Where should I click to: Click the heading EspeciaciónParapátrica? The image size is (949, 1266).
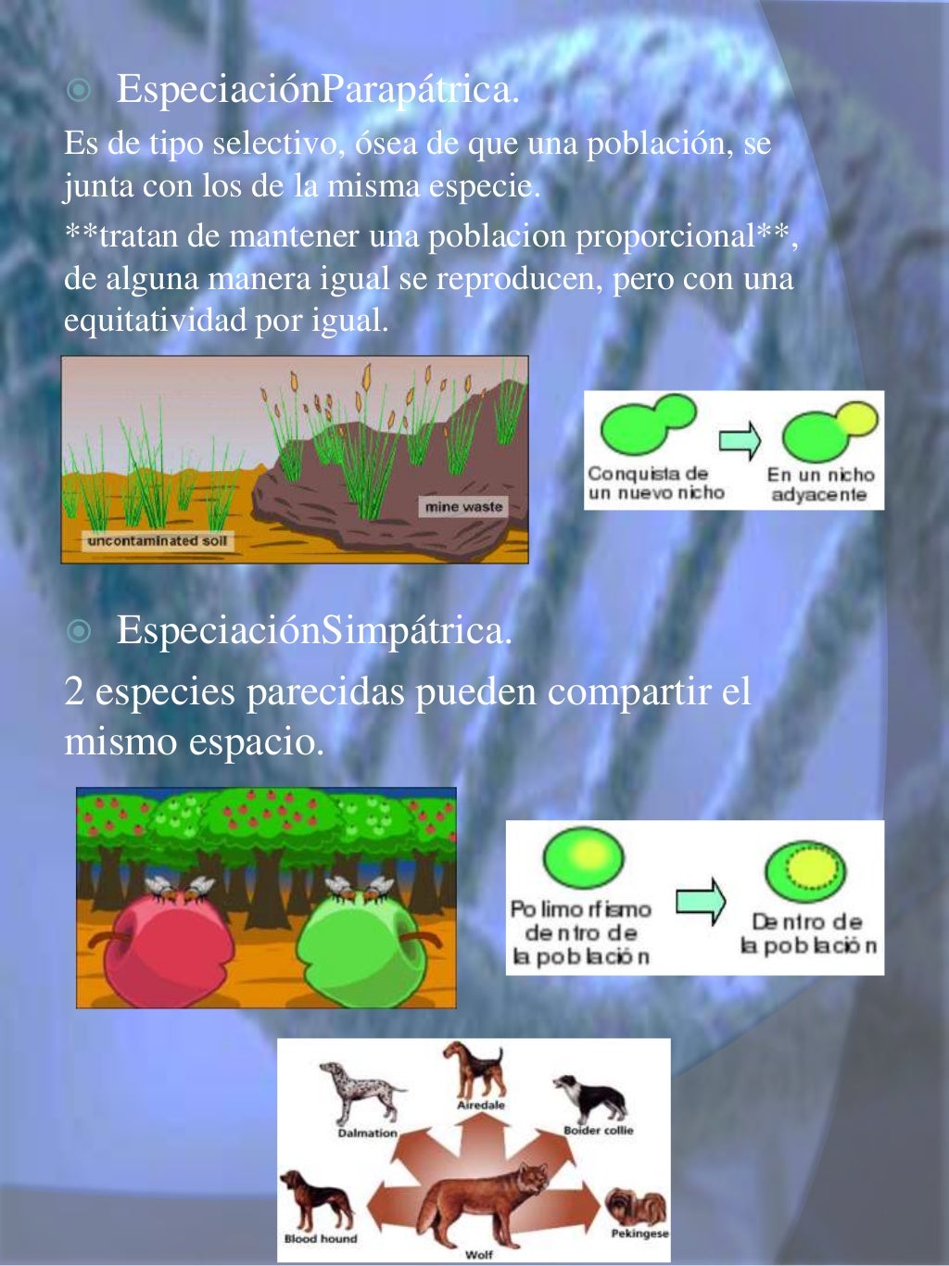[317, 90]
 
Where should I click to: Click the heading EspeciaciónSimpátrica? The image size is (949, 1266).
[314, 631]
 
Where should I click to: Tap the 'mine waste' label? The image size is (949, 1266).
[463, 507]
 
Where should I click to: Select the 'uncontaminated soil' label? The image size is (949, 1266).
[157, 541]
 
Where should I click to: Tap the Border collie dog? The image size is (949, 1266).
[591, 1097]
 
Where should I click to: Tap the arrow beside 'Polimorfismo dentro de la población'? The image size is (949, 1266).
[701, 900]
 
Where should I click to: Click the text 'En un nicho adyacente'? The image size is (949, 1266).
[819, 484]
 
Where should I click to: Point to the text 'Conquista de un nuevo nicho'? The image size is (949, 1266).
[654, 484]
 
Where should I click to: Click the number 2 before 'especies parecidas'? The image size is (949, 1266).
[73, 692]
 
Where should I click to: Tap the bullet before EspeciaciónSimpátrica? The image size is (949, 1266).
[80, 632]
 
